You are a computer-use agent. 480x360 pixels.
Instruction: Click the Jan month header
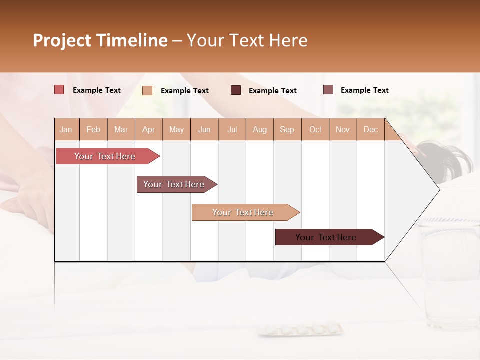point(66,129)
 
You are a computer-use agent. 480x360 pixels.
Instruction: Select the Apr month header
point(148,129)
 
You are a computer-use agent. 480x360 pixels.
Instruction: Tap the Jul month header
point(232,129)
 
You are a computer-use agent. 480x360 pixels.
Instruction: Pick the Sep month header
point(287,129)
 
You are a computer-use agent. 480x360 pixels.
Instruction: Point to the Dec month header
point(370,129)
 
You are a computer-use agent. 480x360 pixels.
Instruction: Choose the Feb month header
point(93,129)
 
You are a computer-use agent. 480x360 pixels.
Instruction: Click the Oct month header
point(315,129)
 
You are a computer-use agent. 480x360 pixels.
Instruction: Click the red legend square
point(59,90)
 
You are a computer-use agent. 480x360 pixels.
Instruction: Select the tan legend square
point(147,90)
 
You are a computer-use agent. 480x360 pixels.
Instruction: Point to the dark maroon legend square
point(236,90)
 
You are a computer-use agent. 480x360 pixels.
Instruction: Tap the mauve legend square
point(328,90)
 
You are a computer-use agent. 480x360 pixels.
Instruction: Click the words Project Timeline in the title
point(100,40)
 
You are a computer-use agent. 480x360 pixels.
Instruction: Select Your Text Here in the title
point(247,40)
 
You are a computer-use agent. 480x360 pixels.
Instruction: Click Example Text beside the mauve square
point(364,90)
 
